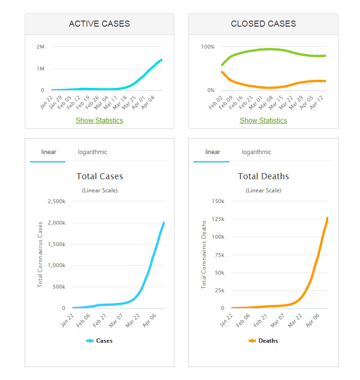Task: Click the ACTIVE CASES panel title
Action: coord(99,24)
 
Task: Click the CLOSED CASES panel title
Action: coord(263,24)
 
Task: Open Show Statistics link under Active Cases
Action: coord(99,120)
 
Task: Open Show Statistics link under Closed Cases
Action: coord(263,120)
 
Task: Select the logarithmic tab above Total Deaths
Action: coord(256,152)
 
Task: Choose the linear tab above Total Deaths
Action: coord(212,152)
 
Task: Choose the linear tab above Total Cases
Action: coord(48,152)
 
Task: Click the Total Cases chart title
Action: coord(100,176)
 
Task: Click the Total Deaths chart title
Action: coord(263,176)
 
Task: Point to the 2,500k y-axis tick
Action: coord(57,201)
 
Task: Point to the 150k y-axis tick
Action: coord(218,201)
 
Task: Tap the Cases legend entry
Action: coord(100,341)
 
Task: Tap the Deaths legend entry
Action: coord(263,341)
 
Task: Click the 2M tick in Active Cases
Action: coord(40,47)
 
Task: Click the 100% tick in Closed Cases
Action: coord(208,47)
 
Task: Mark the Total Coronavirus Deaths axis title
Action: coord(204,254)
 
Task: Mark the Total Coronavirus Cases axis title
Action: coord(40,254)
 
